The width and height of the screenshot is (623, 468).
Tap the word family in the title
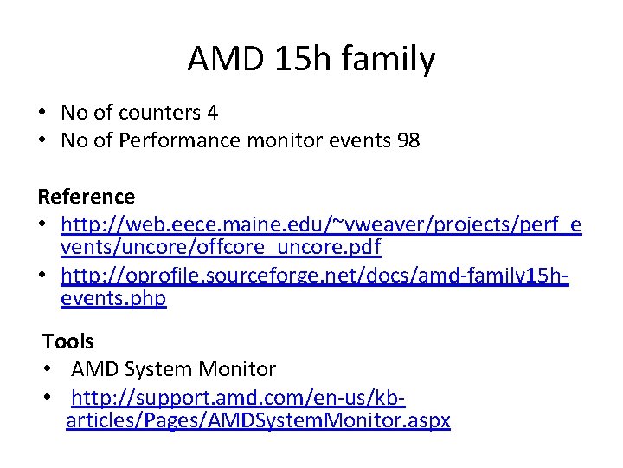[390, 60]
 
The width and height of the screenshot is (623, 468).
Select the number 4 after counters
[213, 113]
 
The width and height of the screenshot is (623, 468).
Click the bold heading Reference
[87, 197]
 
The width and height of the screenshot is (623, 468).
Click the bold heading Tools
[68, 341]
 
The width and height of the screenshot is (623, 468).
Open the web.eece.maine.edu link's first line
[321, 225]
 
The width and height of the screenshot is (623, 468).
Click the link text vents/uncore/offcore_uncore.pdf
[221, 247]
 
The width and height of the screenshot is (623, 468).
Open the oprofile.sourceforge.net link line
[315, 276]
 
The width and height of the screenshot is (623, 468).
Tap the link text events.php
[113, 299]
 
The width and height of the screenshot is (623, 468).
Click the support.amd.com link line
[238, 399]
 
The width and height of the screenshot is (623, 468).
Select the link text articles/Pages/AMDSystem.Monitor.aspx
[259, 421]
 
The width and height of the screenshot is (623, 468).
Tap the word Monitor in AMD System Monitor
[237, 369]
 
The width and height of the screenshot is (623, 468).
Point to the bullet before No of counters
[42, 113]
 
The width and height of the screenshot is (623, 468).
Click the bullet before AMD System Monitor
[48, 369]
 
